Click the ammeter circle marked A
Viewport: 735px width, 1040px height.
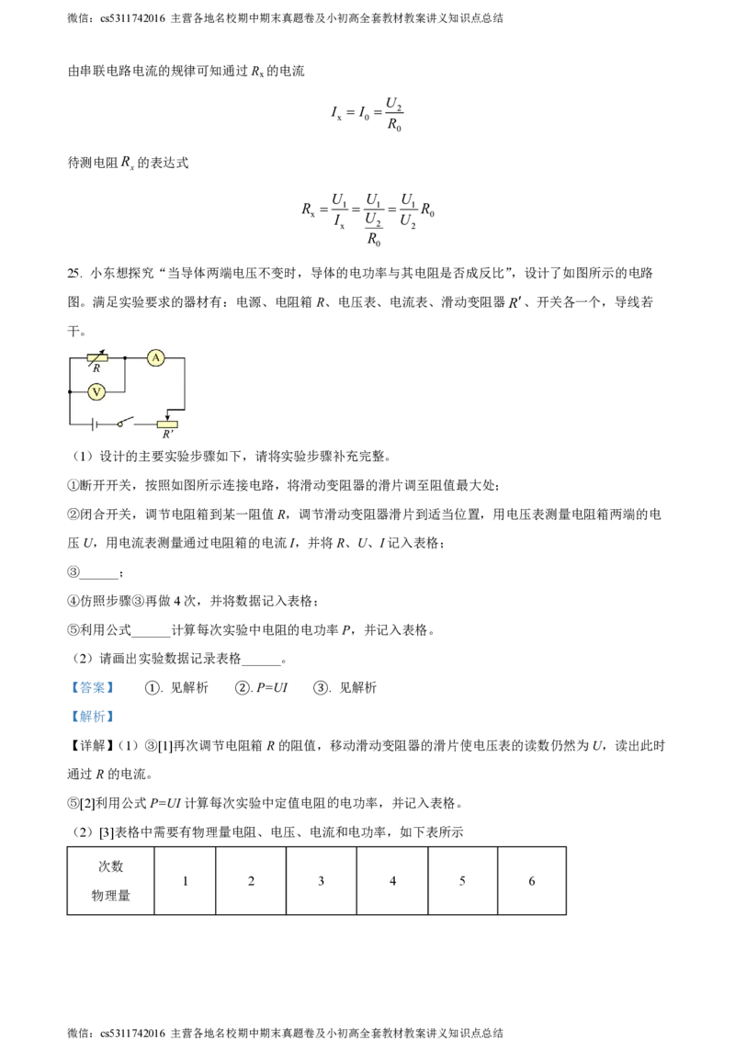pos(156,357)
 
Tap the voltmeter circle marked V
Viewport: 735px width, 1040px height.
pos(96,392)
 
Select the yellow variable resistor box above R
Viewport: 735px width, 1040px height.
pos(96,357)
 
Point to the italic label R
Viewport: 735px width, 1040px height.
pos(96,368)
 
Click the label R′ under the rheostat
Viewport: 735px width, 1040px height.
pos(167,434)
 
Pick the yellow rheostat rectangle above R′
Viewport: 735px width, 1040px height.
pos(167,424)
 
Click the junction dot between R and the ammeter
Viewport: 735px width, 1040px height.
pos(125,357)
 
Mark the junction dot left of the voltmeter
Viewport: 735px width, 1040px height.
pos(70,392)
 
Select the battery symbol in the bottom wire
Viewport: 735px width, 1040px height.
pos(94,424)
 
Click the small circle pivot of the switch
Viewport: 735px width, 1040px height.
pos(119,424)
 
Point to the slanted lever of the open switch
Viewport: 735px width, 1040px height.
pos(127,421)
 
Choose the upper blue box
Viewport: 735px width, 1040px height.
pos(92,687)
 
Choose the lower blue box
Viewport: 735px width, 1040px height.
pos(92,717)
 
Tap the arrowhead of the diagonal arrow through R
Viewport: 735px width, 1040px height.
pos(103,351)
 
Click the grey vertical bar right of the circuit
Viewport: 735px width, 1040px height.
pos(187,381)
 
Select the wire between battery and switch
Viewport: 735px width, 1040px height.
pos(107,424)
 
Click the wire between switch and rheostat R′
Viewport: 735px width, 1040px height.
pos(145,424)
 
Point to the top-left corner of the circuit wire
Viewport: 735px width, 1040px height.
pos(70,357)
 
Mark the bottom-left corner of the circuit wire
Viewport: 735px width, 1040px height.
pos(70,424)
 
